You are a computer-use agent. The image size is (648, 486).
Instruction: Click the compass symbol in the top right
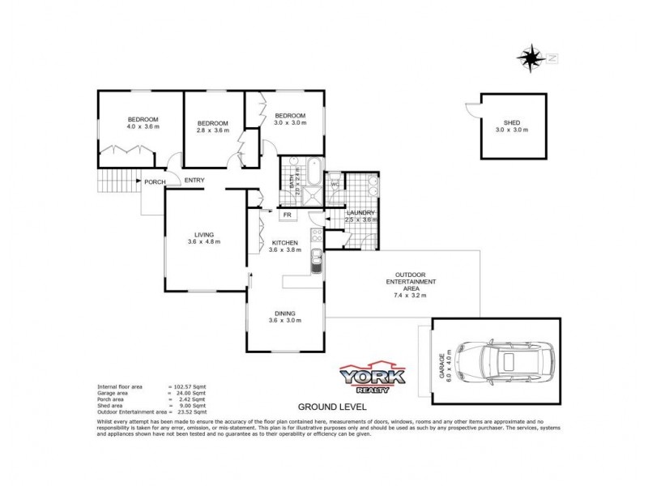tap(531, 58)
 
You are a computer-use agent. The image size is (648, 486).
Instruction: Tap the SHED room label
tap(511, 121)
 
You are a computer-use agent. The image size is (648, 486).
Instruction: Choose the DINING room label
tap(284, 313)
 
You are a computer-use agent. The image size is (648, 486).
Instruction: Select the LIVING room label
tap(202, 234)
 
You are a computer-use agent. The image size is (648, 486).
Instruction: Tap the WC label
tap(334, 184)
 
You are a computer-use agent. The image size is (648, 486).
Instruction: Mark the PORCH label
tap(155, 181)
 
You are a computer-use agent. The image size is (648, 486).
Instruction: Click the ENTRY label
tap(194, 180)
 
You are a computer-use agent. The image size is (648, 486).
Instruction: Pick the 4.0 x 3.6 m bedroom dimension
tap(143, 127)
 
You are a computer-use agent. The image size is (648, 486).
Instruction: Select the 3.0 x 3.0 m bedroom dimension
tap(289, 122)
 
